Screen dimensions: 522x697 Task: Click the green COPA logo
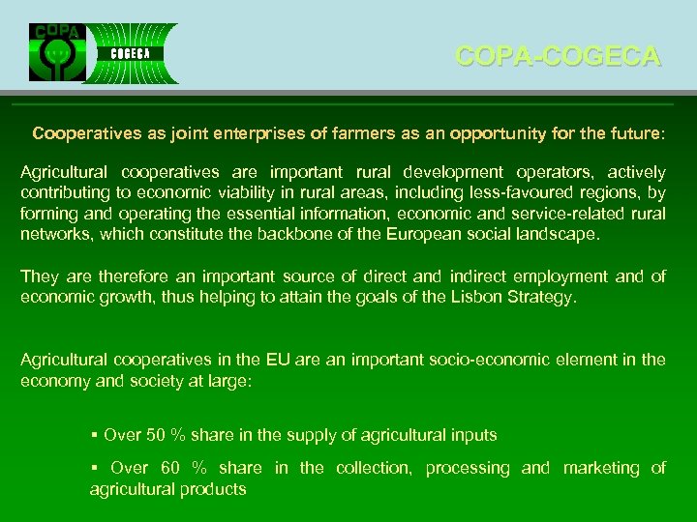(x=57, y=53)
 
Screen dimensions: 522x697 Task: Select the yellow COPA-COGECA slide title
(x=558, y=56)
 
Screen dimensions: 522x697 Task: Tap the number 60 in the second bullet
(x=170, y=469)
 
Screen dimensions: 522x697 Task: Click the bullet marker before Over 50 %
(x=93, y=435)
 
